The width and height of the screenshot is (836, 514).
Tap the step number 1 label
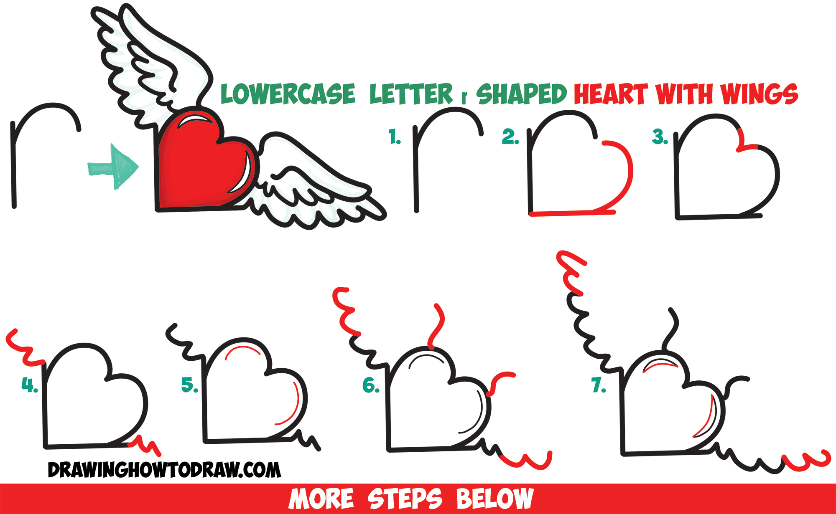pos(394,137)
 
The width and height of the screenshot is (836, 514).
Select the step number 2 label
pos(510,137)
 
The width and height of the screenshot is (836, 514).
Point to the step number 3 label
pos(659,137)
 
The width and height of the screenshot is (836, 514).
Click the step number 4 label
pos(29,385)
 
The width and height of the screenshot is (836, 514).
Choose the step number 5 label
pos(189,385)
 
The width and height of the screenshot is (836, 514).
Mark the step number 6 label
pos(370,385)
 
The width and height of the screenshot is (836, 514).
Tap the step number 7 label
pos(599,385)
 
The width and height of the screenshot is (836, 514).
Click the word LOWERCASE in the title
pos(288,94)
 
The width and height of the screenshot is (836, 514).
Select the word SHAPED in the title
pos(521,94)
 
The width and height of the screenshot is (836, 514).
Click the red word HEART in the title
pos(610,94)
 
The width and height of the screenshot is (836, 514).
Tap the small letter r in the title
pos(464,98)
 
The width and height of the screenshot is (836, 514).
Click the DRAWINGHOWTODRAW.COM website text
pos(164,470)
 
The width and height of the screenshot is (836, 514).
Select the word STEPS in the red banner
pos(404,499)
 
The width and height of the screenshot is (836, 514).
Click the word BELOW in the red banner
pos(494,499)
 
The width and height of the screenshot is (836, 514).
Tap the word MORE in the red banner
pos(321,499)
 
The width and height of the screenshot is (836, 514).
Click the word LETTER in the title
pos(410,94)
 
